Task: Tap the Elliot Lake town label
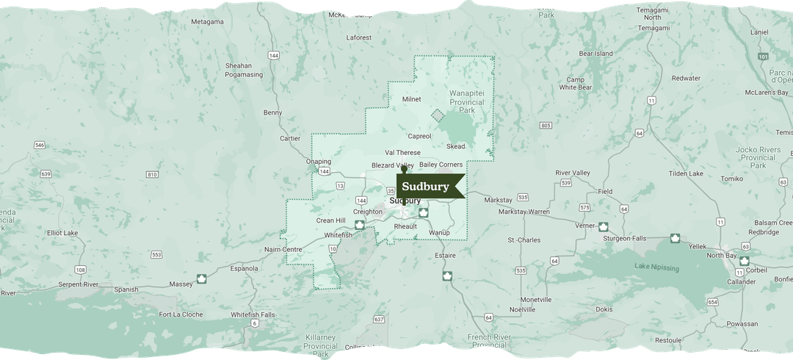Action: (x=63, y=233)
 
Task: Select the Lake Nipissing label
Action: (x=657, y=268)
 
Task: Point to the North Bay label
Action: (x=721, y=255)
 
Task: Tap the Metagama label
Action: (x=207, y=22)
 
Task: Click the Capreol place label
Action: (x=419, y=136)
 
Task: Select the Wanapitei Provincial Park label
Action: (x=467, y=102)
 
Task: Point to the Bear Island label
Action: (x=595, y=54)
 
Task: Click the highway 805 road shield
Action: (x=545, y=126)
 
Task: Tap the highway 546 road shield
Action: (x=40, y=145)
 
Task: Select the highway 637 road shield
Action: (x=379, y=320)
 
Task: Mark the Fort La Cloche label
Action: (x=181, y=314)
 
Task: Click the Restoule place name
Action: (x=668, y=340)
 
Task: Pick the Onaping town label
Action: (x=319, y=162)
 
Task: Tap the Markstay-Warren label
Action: (x=524, y=212)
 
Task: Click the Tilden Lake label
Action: (x=686, y=173)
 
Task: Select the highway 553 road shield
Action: (x=156, y=254)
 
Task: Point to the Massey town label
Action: (x=180, y=284)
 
